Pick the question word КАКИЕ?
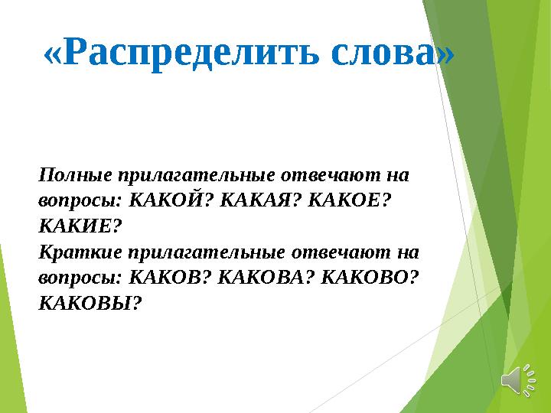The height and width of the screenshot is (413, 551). click(x=80, y=227)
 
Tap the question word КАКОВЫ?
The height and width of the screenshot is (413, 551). click(x=90, y=304)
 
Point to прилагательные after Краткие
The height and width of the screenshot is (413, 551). click(x=201, y=252)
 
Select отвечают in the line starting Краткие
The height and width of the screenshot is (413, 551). click(x=343, y=252)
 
